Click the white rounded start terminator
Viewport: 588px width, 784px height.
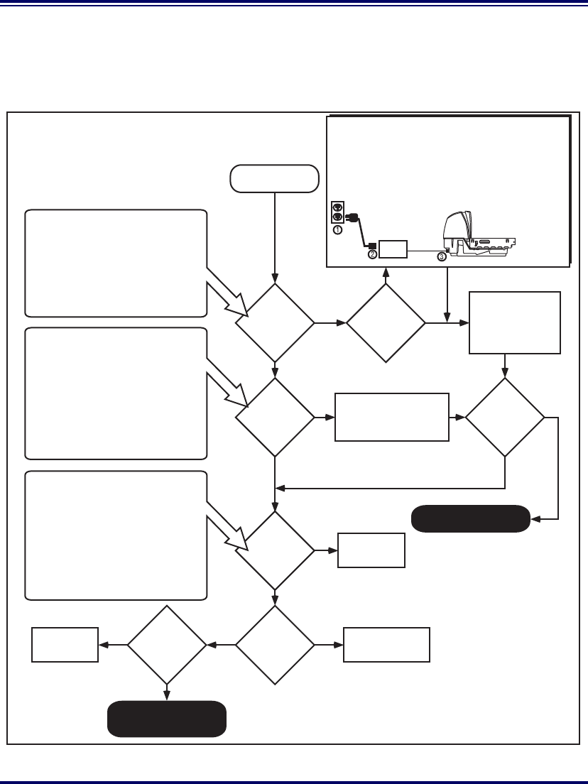pos(274,178)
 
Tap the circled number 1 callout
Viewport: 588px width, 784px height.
pos(338,230)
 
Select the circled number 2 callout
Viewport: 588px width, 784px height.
pos(372,255)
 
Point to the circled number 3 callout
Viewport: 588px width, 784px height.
pos(442,256)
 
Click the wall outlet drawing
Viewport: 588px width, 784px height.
pos(338,212)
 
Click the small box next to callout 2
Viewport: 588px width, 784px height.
pos(393,249)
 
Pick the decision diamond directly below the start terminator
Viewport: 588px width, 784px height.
pos(275,323)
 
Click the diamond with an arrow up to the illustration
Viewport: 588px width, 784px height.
pos(386,323)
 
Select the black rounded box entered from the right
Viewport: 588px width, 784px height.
pos(470,518)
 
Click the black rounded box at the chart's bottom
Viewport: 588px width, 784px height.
pos(167,719)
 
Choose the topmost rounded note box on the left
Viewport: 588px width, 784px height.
pos(116,263)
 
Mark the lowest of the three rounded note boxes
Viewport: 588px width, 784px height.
pos(116,535)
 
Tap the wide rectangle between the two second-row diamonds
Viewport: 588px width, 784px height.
pos(392,417)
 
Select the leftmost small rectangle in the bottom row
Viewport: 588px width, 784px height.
pos(65,645)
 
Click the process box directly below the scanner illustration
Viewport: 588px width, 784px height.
pos(515,322)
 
